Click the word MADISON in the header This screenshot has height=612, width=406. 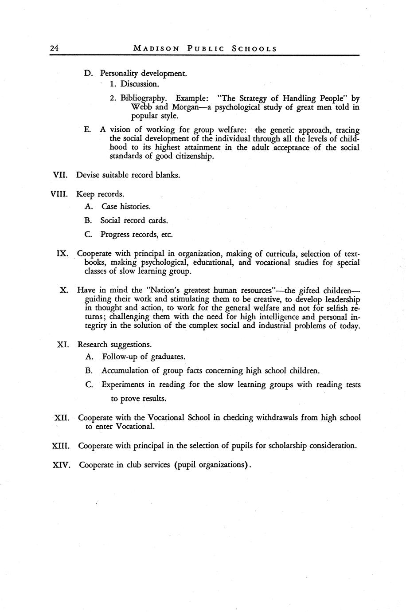[156, 49]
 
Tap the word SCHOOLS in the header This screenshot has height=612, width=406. [254, 49]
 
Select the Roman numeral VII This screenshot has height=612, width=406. [60, 175]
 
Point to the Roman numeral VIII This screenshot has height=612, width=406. [59, 194]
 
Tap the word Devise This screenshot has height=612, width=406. [88, 175]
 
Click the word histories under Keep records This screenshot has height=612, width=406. [134, 206]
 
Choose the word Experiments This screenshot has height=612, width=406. [123, 384]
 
